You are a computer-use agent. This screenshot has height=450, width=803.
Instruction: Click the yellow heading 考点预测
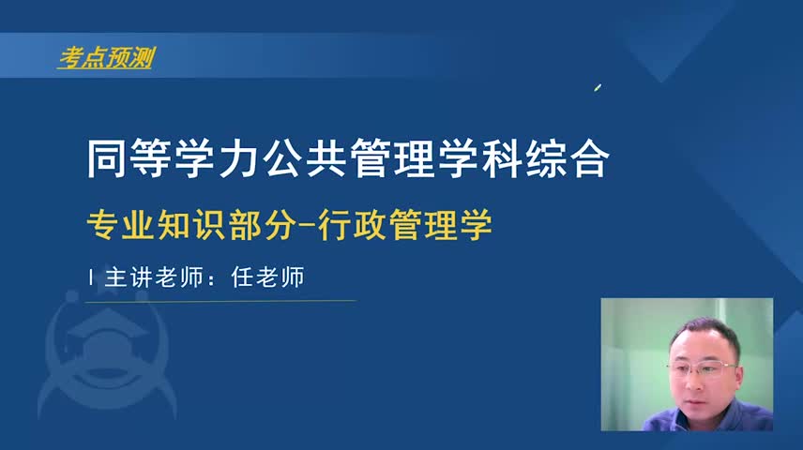pyautogui.click(x=107, y=58)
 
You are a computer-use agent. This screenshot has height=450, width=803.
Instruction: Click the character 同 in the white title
pyautogui.click(x=107, y=158)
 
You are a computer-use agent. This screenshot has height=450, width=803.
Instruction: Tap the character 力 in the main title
pyautogui.click(x=238, y=158)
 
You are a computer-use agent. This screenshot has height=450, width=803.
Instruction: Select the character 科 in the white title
pyautogui.click(x=503, y=158)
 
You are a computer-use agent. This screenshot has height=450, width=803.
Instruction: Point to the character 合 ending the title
pyautogui.click(x=590, y=158)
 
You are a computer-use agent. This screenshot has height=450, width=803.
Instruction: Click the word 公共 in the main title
pyautogui.click(x=305, y=158)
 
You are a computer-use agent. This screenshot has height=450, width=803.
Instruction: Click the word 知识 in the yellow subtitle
pyautogui.click(x=192, y=225)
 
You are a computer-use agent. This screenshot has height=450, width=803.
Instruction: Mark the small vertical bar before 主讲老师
pyautogui.click(x=91, y=277)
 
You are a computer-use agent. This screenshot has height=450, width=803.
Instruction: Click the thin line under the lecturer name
pyautogui.click(x=220, y=301)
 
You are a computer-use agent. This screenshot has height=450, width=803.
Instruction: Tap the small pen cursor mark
pyautogui.click(x=598, y=88)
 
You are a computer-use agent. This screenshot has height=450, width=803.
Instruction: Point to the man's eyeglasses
pyautogui.click(x=702, y=368)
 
